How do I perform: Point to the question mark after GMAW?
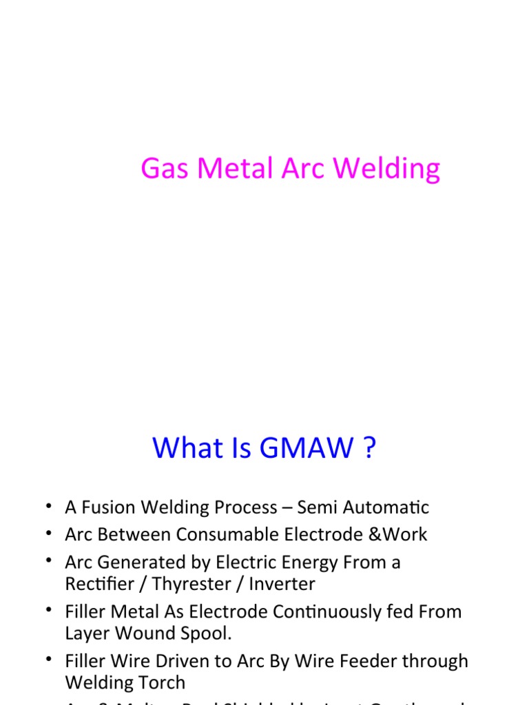pos(369,448)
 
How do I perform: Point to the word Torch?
pos(162,683)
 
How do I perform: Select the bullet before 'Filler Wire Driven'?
pos(49,661)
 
